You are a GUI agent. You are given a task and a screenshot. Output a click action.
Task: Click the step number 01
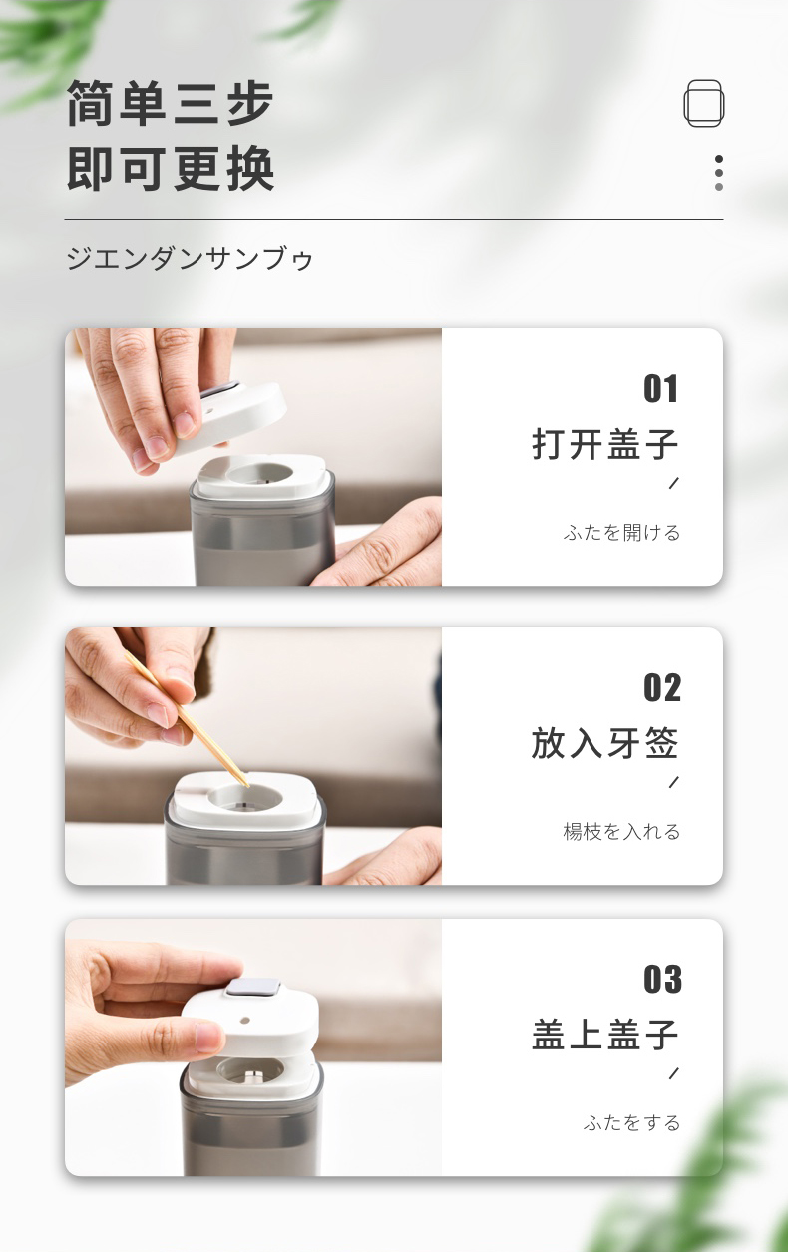(660, 388)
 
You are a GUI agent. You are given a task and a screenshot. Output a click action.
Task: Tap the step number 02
(662, 687)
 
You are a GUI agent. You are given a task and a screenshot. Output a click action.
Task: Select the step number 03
(662, 979)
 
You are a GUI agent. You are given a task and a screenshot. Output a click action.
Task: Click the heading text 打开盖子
(605, 444)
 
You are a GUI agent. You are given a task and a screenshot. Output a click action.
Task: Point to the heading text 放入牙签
(605, 743)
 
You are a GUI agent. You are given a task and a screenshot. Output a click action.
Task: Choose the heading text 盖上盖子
(605, 1035)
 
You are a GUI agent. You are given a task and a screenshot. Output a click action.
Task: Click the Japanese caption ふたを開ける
(621, 532)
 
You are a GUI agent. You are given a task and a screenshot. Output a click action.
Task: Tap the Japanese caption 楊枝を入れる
(621, 832)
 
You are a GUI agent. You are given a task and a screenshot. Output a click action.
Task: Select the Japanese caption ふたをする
(631, 1123)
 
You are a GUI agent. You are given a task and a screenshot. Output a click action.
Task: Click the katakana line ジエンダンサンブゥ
(190, 259)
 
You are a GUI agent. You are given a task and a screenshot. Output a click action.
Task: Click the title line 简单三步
(171, 104)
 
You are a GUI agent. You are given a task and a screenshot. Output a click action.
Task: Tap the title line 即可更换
(171, 168)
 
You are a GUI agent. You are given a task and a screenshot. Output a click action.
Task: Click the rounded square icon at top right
(704, 103)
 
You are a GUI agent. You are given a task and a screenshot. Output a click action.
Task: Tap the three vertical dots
(719, 173)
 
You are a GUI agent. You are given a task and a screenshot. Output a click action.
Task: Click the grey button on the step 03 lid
(253, 988)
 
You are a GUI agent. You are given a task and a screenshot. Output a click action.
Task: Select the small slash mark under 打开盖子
(674, 483)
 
